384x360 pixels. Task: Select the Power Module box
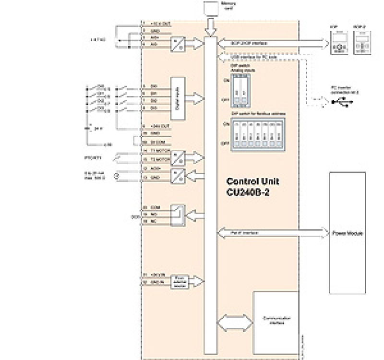pyautogui.click(x=347, y=233)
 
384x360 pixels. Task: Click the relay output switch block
pyautogui.click(x=178, y=215)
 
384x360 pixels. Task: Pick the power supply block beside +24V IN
pyautogui.click(x=179, y=281)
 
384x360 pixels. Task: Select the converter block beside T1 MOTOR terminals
pyautogui.click(x=178, y=156)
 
